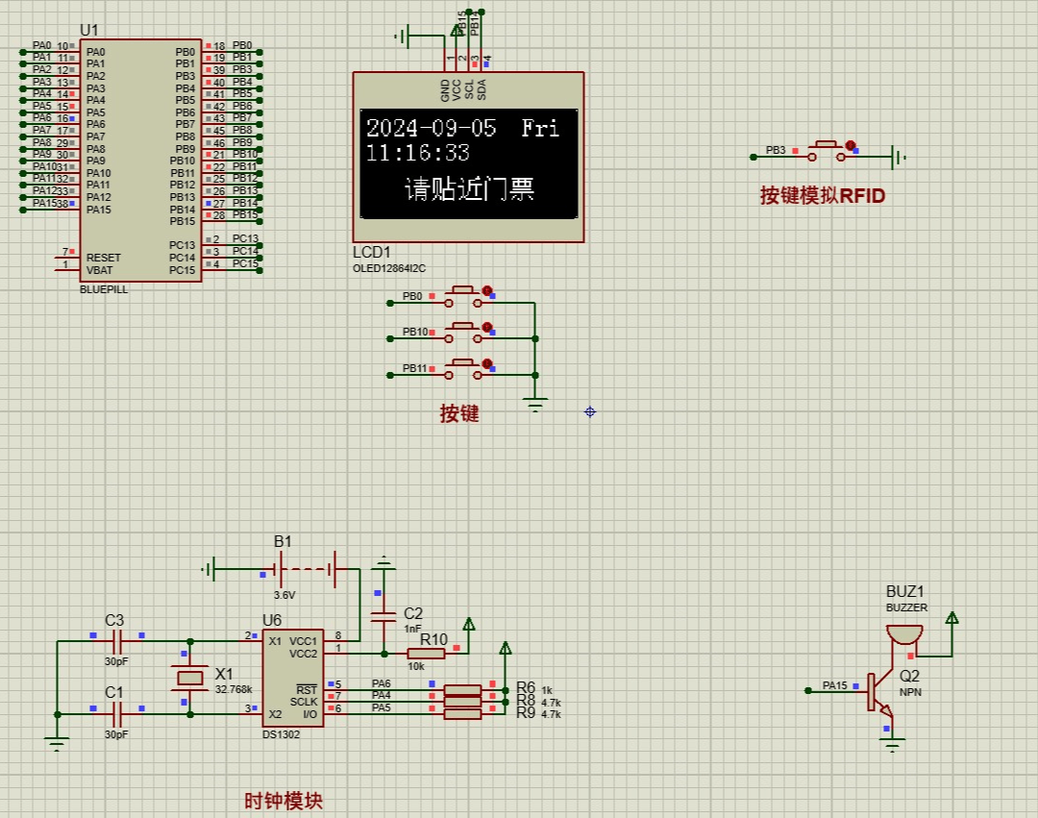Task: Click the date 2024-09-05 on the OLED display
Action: pos(432,128)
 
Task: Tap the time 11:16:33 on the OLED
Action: pos(417,153)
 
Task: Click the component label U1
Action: pos(88,31)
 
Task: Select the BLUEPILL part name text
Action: pos(104,288)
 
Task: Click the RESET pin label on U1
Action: pos(104,258)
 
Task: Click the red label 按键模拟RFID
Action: pos(822,196)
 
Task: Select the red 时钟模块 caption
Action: pos(284,801)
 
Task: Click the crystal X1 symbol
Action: pos(191,678)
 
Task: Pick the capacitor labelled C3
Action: pos(117,636)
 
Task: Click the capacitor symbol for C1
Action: pos(117,713)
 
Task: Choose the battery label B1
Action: pos(283,541)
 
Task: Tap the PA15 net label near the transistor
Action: pos(834,686)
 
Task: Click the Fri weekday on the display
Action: pos(540,128)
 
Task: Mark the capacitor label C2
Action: pos(413,613)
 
